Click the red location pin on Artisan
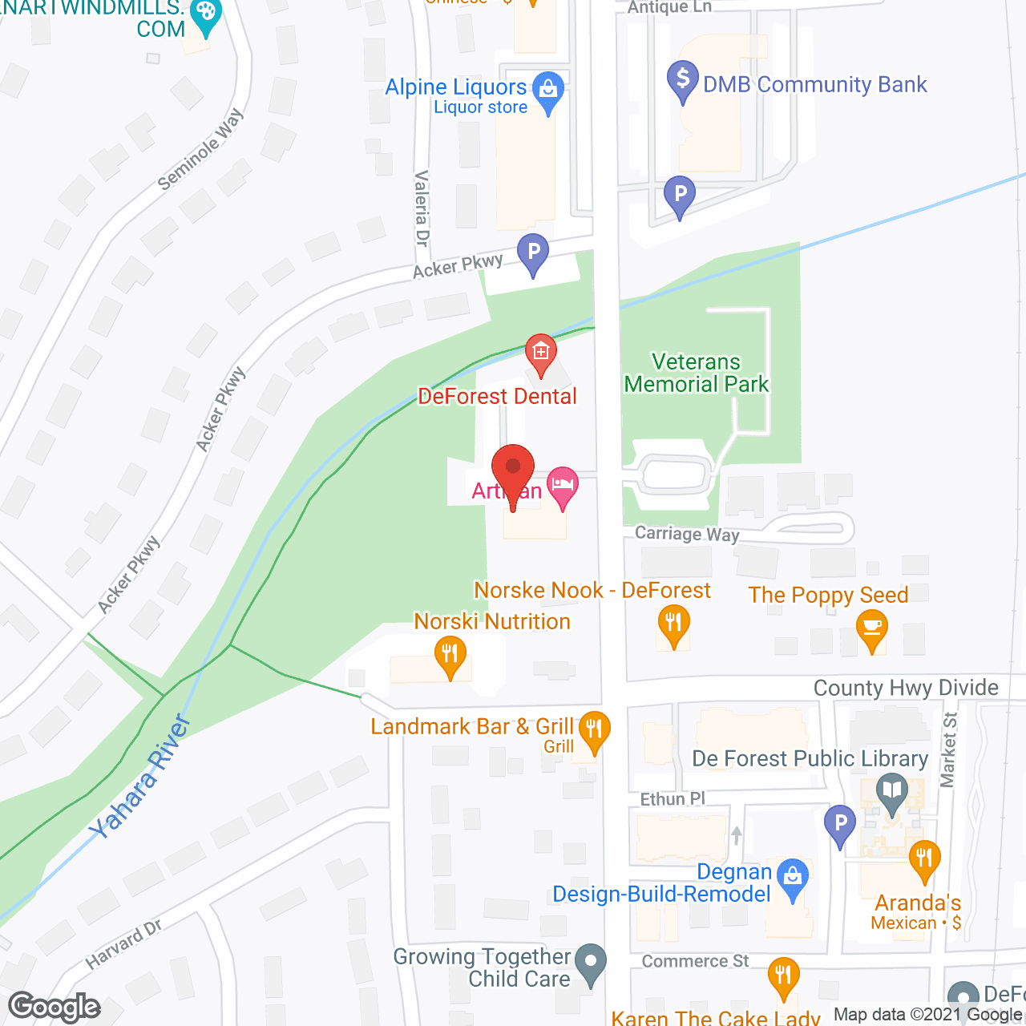[x=513, y=468]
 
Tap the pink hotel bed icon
[x=563, y=485]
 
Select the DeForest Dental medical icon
[x=541, y=352]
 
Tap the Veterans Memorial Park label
[x=697, y=374]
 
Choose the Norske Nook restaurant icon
[x=674, y=624]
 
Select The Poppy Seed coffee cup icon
[x=872, y=627]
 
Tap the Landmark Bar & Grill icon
[x=594, y=729]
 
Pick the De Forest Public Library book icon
[x=891, y=790]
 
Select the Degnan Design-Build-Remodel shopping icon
[x=793, y=876]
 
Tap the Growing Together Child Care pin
[x=592, y=962]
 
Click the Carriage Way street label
[x=687, y=534]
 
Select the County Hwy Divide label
[x=906, y=688]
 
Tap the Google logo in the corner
[x=55, y=1007]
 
